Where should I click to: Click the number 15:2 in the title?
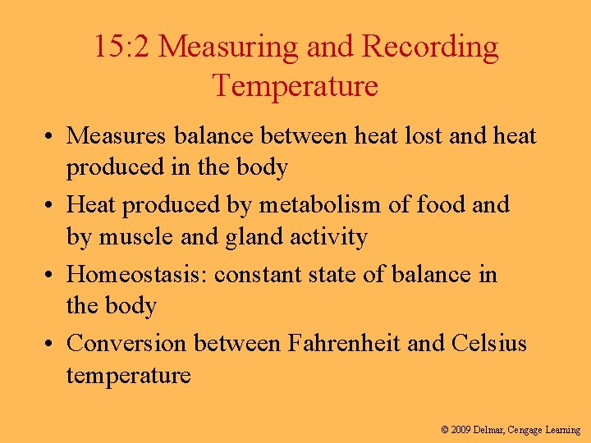[x=121, y=48]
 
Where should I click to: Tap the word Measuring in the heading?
[x=228, y=48]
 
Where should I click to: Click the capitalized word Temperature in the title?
[x=295, y=85]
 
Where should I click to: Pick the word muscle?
[x=138, y=238]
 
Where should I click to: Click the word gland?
[x=237, y=238]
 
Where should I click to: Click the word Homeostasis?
[x=136, y=273]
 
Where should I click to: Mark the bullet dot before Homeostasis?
[x=51, y=274]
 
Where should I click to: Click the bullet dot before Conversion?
[x=51, y=344]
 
